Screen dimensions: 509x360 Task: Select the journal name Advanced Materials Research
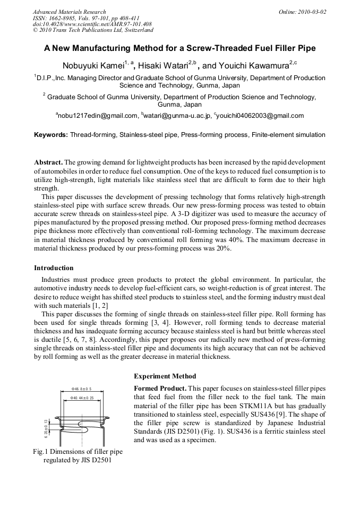point(69,12)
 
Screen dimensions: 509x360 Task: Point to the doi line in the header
point(92,24)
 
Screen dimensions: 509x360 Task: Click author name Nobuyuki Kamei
point(92,66)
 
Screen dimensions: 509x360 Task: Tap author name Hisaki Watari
point(163,66)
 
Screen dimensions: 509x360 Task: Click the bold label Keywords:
point(51,135)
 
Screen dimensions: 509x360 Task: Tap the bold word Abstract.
point(48,161)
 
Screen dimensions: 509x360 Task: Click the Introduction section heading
point(54,268)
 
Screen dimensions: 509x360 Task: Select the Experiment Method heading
point(165,376)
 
